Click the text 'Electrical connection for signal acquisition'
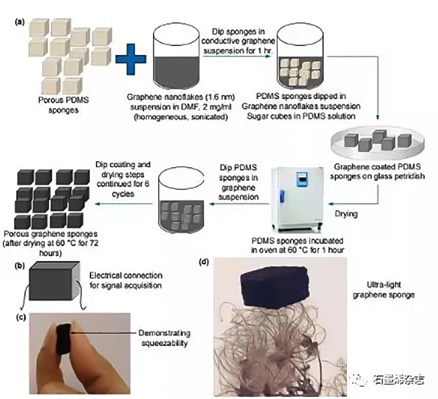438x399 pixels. (126, 280)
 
